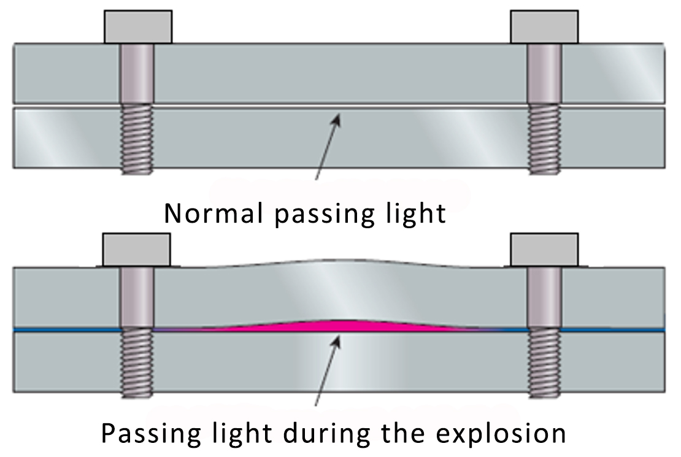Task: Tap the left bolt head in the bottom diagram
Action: click(136, 249)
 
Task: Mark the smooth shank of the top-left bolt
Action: click(137, 74)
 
